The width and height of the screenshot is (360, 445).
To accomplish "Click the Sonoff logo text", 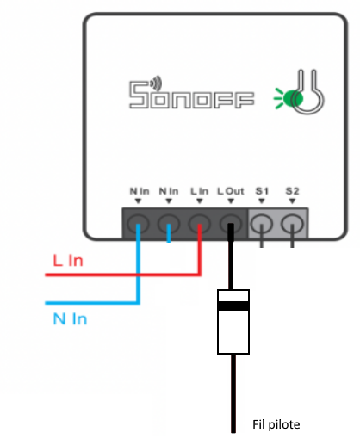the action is click(x=191, y=95).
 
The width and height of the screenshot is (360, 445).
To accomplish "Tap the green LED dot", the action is click(x=293, y=98).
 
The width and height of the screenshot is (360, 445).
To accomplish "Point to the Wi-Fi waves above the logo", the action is click(x=156, y=82).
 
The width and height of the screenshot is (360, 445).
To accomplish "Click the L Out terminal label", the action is click(x=231, y=191).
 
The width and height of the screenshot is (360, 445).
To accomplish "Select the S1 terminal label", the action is click(x=262, y=191).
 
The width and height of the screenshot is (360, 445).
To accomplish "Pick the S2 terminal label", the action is click(x=292, y=191).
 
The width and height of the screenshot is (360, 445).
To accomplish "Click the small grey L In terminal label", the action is click(x=199, y=191).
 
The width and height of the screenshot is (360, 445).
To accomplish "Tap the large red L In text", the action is click(x=68, y=261).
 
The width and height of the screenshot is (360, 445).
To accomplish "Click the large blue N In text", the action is click(x=70, y=318).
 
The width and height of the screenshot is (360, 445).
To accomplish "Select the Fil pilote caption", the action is click(x=276, y=424).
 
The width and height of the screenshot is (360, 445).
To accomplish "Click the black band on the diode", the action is click(x=233, y=306).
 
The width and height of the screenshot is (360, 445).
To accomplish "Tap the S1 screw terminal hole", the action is click(x=261, y=224).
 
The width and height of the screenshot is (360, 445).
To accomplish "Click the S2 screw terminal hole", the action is click(x=292, y=224).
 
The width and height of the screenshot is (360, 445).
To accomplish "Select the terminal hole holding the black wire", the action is click(x=231, y=224).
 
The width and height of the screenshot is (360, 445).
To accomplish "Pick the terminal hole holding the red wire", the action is click(x=200, y=224).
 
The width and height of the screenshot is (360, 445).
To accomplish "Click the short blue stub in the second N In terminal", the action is click(x=169, y=233).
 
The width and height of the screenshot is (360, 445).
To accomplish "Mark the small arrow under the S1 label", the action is click(x=261, y=201).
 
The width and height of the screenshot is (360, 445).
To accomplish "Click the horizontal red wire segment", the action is click(x=123, y=275).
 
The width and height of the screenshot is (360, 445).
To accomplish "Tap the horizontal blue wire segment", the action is click(x=92, y=303).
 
